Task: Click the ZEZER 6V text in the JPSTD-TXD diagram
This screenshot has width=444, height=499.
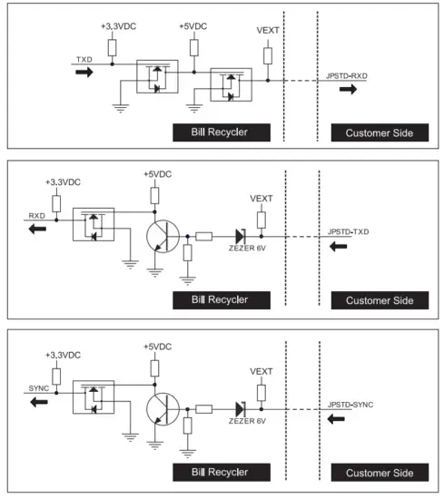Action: point(242,255)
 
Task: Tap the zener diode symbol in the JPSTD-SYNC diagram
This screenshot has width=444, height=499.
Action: point(241,410)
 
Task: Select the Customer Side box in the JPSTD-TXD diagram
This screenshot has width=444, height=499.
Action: point(379,300)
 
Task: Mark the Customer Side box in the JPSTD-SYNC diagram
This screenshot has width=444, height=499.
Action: point(379,473)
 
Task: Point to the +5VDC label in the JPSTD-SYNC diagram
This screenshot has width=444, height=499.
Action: point(156,347)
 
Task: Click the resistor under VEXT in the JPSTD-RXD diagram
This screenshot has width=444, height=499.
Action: point(269,56)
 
